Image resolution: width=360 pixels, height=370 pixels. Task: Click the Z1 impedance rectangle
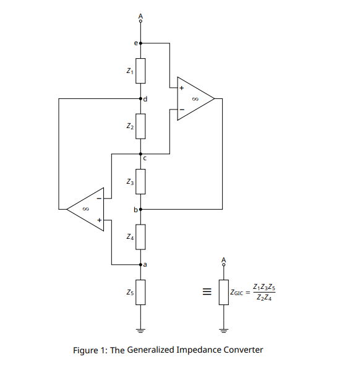tap(141, 71)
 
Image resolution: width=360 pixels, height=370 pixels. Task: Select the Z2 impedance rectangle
tap(141, 126)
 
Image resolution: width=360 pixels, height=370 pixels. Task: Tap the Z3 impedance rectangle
tap(141, 181)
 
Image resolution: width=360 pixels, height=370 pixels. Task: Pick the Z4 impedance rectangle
tap(141, 236)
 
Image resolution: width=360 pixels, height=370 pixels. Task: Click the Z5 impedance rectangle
tap(141, 291)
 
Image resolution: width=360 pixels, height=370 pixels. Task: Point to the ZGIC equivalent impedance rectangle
tap(224, 291)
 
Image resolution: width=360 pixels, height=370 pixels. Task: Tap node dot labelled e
tap(141, 43)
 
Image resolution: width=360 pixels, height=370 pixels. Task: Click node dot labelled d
tap(141, 99)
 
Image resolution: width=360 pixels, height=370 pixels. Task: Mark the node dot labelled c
tap(141, 153)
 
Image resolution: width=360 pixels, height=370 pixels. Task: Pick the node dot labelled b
tap(141, 209)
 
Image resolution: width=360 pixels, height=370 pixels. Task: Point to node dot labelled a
tap(141, 264)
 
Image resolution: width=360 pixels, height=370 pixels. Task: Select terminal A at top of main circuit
tap(141, 21)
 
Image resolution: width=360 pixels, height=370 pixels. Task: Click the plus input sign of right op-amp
tap(181, 88)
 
